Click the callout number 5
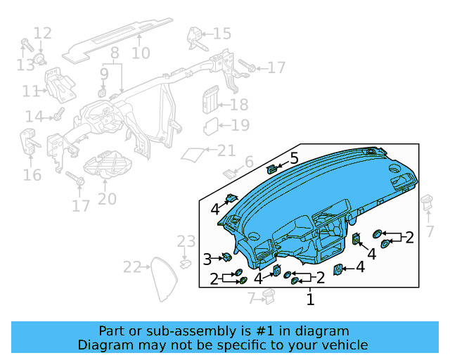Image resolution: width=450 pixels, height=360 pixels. point(294,157)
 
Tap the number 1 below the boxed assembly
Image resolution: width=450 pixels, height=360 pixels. point(310,300)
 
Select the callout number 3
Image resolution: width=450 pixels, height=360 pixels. point(207,260)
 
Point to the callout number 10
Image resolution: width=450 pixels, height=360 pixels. point(141,53)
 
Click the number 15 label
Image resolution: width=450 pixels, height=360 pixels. point(221,34)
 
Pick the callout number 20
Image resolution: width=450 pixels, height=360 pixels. point(107,199)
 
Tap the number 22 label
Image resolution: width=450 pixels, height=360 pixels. point(131,267)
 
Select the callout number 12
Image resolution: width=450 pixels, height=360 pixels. point(43,33)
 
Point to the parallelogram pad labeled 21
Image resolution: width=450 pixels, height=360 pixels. point(194,153)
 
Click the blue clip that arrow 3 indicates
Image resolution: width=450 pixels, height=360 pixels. point(226,257)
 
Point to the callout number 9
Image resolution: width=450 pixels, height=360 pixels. point(104,73)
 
